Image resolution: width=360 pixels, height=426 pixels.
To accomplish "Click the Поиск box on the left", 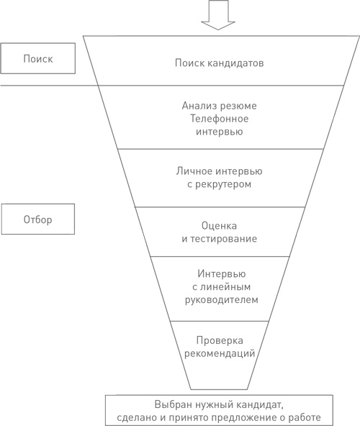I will (37, 58).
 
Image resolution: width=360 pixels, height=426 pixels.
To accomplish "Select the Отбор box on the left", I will (37, 219).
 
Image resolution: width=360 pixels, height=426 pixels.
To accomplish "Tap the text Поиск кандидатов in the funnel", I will (219, 63).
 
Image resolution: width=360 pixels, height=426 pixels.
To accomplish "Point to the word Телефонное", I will (220, 119).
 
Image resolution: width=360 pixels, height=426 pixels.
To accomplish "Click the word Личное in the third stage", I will (193, 171).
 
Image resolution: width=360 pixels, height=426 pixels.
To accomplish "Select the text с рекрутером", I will (220, 184).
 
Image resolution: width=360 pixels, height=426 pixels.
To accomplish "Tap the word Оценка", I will (220, 225).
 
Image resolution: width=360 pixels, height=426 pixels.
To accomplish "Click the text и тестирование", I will (220, 237).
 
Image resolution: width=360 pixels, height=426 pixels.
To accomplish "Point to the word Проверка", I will (220, 340).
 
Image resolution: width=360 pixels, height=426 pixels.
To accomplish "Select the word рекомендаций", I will (220, 353).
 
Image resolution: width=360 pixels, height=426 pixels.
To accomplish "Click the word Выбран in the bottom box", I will (171, 403).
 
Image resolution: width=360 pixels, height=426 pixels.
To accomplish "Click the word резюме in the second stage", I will (239, 106).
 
